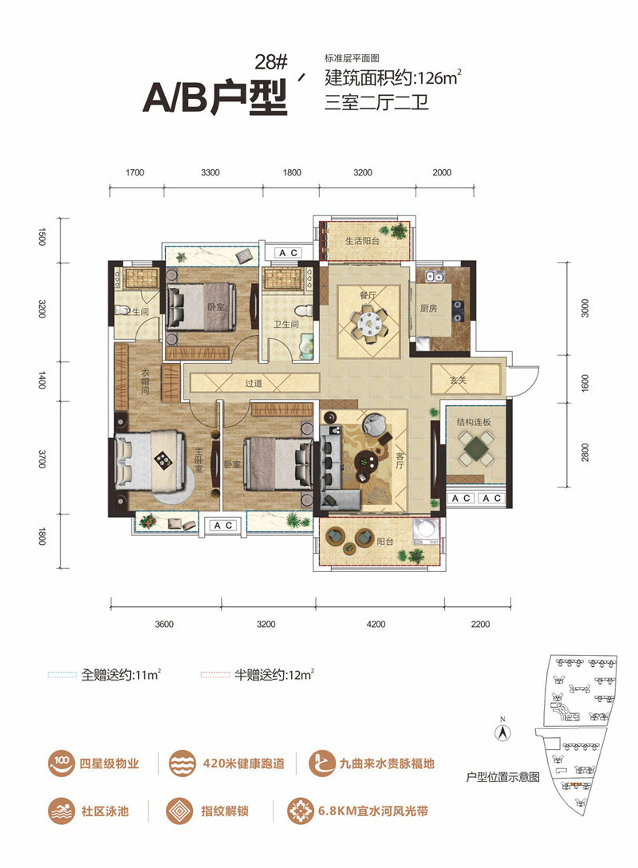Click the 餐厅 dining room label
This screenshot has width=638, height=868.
368,296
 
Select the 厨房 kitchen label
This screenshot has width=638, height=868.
428,308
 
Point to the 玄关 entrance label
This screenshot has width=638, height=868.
459,381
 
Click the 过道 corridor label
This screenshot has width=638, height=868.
254,383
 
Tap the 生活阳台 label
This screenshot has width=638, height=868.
362,241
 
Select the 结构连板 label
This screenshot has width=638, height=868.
474,422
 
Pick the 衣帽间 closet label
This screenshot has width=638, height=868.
144,381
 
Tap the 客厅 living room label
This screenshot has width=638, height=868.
400,460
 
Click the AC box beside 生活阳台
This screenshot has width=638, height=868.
288,253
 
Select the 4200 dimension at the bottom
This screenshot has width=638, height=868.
376,624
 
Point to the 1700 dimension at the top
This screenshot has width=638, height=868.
135,172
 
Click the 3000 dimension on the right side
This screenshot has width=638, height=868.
585,308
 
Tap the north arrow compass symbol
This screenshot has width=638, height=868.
502,732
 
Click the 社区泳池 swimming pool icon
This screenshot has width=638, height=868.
61,811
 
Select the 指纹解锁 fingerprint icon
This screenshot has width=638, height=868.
179,811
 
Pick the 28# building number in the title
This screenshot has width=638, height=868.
271,62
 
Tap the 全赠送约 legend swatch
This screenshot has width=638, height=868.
62,675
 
